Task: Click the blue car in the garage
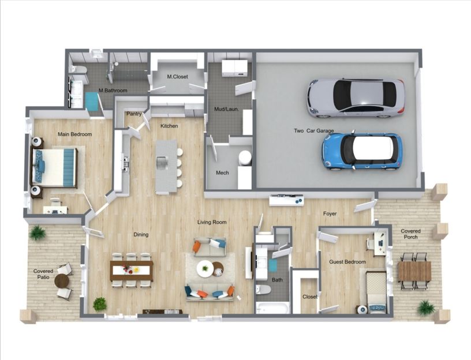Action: tap(361, 151)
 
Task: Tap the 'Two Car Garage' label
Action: tap(313, 131)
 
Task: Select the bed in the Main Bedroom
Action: tap(54, 167)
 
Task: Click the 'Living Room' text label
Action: tap(212, 222)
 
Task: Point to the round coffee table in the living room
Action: tap(205, 268)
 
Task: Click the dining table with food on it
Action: tap(131, 269)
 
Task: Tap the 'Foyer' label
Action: tap(330, 213)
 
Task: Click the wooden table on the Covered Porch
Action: tap(414, 271)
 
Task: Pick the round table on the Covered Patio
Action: tap(61, 281)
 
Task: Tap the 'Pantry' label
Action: tap(134, 114)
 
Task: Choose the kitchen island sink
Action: tap(162, 163)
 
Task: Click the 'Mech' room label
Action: tap(222, 172)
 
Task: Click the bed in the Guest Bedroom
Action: tap(376, 290)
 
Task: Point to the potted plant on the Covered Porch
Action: tap(426, 307)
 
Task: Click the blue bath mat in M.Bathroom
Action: tap(92, 101)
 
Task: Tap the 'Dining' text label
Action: tap(141, 235)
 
